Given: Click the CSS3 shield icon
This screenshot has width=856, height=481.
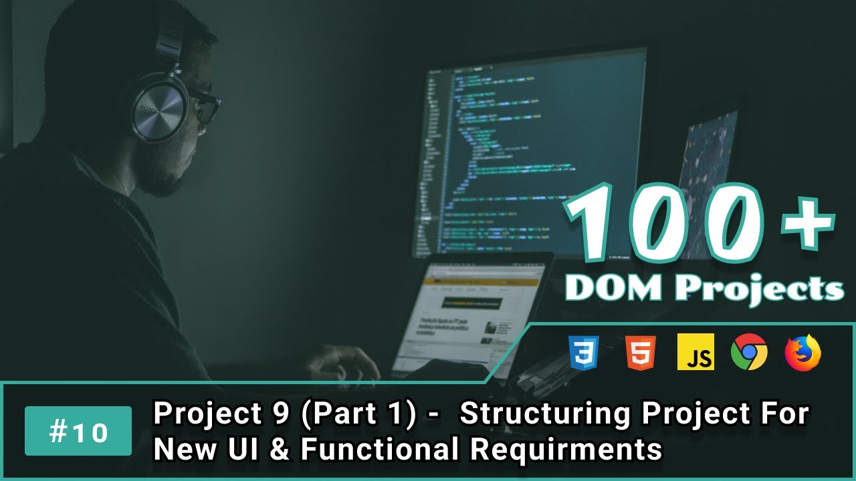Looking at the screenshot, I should (x=583, y=351).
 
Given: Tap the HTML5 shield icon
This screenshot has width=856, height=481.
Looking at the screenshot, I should (x=641, y=351).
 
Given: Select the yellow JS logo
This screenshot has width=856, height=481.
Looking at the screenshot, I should (x=695, y=351).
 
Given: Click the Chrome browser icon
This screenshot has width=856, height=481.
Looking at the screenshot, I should (x=749, y=351).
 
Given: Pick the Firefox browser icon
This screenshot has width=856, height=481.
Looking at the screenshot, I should (x=802, y=351).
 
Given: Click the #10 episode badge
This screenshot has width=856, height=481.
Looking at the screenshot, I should (x=78, y=431).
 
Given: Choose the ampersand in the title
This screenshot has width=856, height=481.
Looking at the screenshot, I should (x=282, y=450).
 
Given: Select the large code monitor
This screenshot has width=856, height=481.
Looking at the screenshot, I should (x=528, y=154).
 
